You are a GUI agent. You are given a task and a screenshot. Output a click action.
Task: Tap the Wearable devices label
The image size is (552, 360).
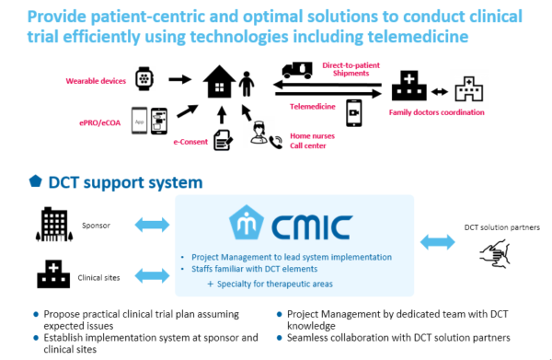point(94,81)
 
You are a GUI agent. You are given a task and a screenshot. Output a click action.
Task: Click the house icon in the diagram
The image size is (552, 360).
point(218,82)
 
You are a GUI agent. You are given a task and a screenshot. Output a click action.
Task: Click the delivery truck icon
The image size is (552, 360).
point(298,69)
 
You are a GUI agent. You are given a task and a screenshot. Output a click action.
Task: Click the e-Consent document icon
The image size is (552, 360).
point(223,140)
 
